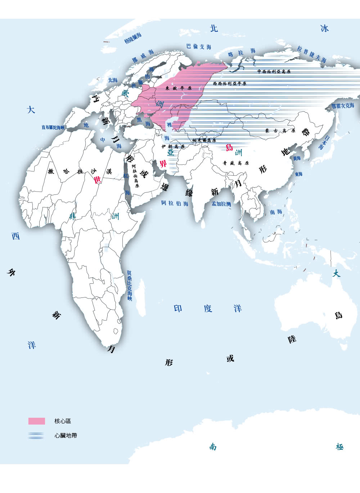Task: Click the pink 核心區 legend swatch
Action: click(x=37, y=421)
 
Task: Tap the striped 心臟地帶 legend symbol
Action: click(x=36, y=435)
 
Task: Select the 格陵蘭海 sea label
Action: click(x=133, y=38)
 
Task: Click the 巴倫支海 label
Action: click(x=199, y=46)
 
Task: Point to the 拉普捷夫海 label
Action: click(x=312, y=54)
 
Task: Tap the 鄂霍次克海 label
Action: click(x=343, y=106)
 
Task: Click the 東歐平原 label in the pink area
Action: click(x=179, y=88)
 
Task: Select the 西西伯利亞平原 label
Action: click(x=230, y=84)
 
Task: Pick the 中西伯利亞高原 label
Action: click(x=274, y=72)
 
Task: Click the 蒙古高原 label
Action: click(x=280, y=131)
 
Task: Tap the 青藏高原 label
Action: click(x=236, y=163)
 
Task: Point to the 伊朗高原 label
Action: click(x=173, y=147)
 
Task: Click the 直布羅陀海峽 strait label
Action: click(x=53, y=127)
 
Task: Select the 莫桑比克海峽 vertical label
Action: click(x=129, y=286)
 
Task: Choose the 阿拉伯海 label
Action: click(x=175, y=203)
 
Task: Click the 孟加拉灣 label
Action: click(x=221, y=204)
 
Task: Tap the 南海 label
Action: click(x=276, y=212)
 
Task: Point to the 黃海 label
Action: click(x=297, y=158)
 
